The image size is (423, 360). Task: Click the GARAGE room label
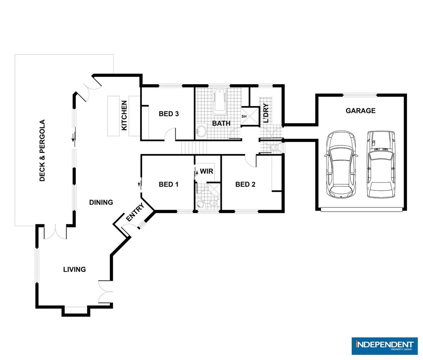[360, 111]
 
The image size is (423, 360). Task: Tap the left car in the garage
[340, 164]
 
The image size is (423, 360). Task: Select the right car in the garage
[381, 164]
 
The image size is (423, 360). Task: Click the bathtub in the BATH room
[219, 101]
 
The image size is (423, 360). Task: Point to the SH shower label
[244, 116]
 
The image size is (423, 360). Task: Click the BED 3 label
[169, 114]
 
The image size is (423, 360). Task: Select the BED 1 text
[169, 184]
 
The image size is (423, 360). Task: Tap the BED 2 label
[245, 184]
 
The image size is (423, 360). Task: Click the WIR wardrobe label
[206, 171]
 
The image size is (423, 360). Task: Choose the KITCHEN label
[124, 115]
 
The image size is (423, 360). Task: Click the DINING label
[101, 202]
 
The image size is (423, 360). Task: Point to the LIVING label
[74, 269]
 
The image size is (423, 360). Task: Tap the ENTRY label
[135, 212]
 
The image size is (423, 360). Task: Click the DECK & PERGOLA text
[42, 150]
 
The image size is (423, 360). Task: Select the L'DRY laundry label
[266, 113]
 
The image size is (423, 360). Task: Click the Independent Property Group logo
[384, 346]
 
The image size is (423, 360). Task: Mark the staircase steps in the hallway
[194, 147]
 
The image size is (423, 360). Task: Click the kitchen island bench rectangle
[113, 116]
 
